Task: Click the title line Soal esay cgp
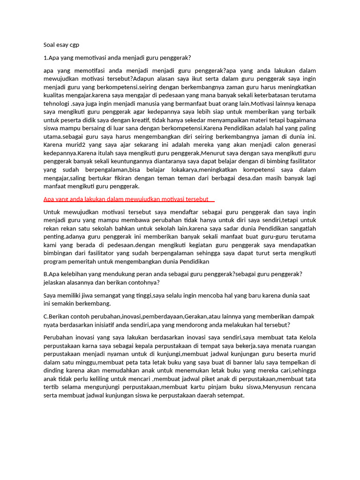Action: tap(61, 45)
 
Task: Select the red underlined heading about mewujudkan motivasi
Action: tap(129, 199)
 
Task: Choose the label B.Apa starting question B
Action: tap(51, 274)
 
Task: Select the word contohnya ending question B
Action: tap(142, 283)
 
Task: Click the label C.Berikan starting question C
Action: tap(59, 316)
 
